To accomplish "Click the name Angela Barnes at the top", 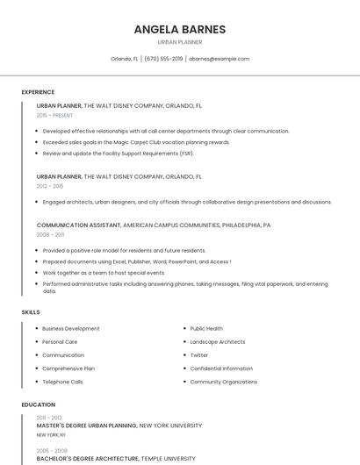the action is pos(179,29).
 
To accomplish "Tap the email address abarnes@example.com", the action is pos(219,59).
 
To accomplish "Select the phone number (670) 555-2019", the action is pos(163,59).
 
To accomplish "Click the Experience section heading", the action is pos(38,92).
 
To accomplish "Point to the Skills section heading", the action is pos(31,312).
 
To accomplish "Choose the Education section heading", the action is pos(38,404).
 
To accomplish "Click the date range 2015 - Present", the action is pos(54,115).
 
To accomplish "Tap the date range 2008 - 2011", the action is pos(50,235).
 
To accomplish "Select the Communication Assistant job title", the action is pos(79,225).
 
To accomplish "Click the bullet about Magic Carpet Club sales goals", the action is pos(136,142).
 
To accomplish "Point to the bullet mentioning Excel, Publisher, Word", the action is pos(136,261).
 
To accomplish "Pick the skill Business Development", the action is pos(70,329).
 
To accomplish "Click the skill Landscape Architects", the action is pos(218,342).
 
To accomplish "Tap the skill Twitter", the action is pos(199,355).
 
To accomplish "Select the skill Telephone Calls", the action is pos(62,383).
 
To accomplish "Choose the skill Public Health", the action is pos(206,329).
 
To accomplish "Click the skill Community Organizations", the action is pos(224,383).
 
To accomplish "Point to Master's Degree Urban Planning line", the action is pos(119,426).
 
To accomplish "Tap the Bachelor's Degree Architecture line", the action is pos(116,458).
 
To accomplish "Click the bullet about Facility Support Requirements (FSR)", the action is pos(119,154).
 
